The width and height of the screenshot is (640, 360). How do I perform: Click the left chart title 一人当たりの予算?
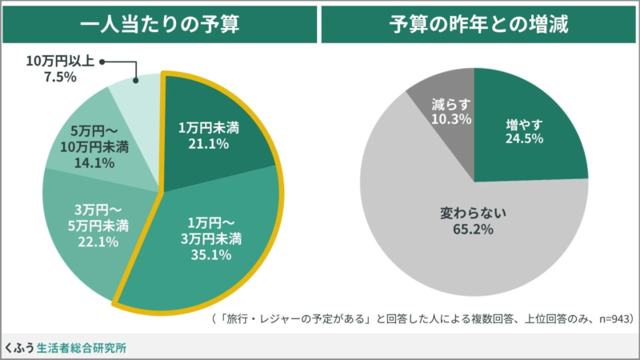tap(160, 24)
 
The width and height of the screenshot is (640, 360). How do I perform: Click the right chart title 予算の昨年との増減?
tap(478, 24)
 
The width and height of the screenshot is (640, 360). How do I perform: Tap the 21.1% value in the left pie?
tap(209, 144)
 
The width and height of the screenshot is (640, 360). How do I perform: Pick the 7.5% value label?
tap(61, 78)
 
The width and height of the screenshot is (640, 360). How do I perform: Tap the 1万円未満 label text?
tap(209, 128)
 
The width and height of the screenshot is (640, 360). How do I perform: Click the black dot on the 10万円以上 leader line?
tap(103, 62)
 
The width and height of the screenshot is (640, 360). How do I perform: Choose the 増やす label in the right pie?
tap(524, 124)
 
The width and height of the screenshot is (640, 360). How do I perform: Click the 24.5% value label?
tap(525, 139)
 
